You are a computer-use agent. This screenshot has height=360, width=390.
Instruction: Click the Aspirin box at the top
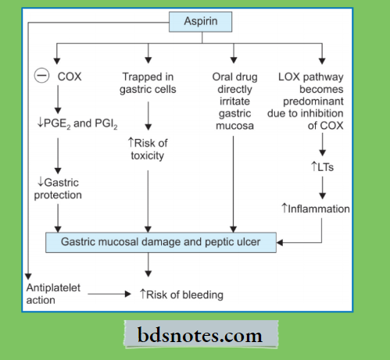(200, 20)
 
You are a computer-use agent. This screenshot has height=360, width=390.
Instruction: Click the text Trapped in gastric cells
(148, 84)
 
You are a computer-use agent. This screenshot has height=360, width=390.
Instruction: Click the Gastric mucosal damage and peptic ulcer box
(163, 242)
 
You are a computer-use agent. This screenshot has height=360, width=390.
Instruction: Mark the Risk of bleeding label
(181, 294)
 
